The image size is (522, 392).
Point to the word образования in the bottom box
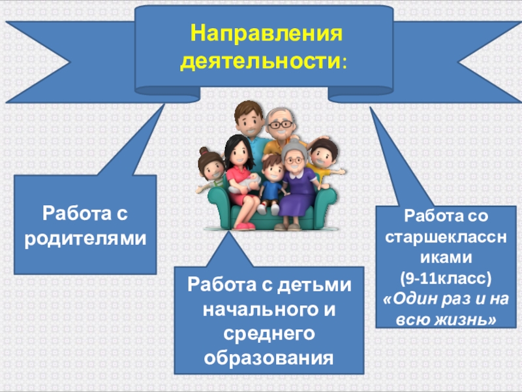click(268, 358)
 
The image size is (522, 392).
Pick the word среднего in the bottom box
click(268, 333)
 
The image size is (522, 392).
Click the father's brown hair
click(247, 108)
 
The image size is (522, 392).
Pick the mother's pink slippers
click(245, 226)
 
